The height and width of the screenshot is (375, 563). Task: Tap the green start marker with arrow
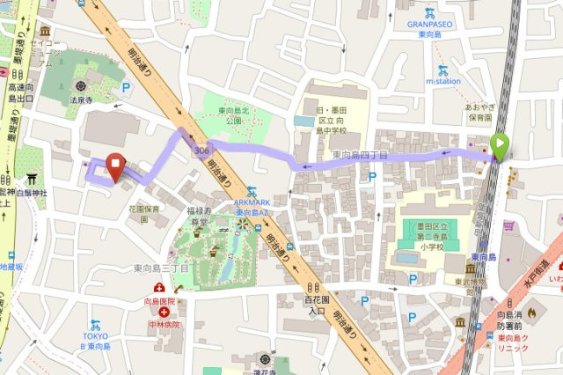(499, 145)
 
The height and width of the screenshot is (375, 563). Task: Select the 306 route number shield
(203, 151)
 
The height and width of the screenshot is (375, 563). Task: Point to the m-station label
(442, 81)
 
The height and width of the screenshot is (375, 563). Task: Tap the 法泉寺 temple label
(81, 100)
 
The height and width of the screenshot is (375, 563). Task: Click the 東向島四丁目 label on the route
(360, 155)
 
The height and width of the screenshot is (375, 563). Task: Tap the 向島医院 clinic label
(159, 301)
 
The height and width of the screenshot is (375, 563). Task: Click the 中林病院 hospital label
(164, 324)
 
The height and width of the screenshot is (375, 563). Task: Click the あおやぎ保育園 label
(479, 111)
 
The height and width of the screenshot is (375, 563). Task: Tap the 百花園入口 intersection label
(316, 305)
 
